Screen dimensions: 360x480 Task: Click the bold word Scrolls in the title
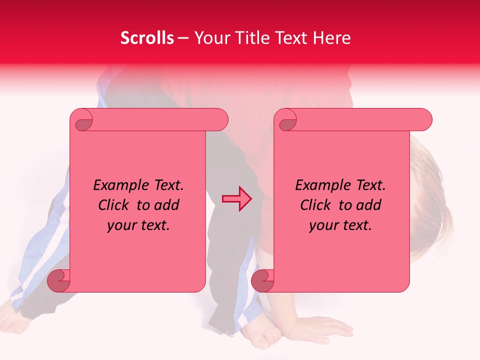[x=147, y=38]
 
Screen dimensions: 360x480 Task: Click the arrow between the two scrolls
[x=237, y=198]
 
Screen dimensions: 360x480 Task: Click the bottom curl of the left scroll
[x=59, y=280]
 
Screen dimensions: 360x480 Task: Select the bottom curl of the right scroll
[x=263, y=280]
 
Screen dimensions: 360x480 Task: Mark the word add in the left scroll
[x=167, y=205]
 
